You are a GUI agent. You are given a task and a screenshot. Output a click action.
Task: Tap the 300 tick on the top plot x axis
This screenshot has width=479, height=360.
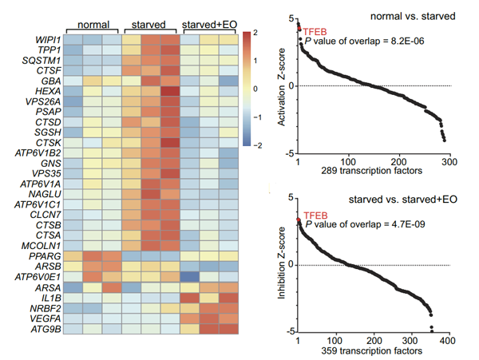tap(448, 162)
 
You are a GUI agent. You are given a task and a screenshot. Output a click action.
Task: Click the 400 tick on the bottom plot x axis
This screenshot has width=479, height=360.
tap(448, 341)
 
